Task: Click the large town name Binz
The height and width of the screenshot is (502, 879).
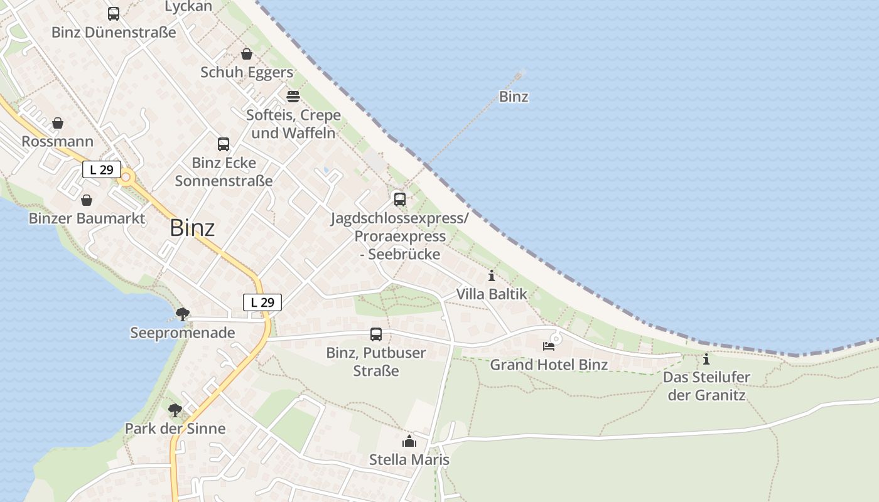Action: [192, 228]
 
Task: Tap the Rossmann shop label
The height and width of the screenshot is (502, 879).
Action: [57, 141]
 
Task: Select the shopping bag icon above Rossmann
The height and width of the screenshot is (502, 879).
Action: [58, 123]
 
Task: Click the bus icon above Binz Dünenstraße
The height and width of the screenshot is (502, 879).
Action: [114, 14]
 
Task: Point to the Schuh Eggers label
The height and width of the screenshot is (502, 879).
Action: [247, 72]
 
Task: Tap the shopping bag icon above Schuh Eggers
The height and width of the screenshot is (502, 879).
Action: [247, 54]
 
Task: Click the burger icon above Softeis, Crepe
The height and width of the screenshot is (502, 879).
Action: [293, 96]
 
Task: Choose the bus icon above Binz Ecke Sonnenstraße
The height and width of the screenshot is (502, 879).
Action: [224, 144]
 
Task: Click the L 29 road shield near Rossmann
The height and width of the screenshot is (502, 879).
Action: [101, 169]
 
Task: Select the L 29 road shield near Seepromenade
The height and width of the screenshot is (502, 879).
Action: [262, 302]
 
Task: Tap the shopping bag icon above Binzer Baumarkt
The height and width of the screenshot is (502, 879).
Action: [87, 200]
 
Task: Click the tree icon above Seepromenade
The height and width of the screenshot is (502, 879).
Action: [183, 314]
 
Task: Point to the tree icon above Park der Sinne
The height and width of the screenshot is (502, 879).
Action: [175, 410]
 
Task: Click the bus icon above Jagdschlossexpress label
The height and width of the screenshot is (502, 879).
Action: [400, 200]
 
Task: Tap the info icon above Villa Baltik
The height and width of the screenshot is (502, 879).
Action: [492, 275]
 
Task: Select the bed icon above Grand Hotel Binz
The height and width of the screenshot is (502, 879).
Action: [549, 346]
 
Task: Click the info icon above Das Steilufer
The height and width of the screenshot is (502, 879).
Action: [706, 360]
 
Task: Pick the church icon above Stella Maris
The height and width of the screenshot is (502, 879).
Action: [409, 441]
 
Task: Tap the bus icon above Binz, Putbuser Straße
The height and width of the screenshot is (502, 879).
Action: [376, 334]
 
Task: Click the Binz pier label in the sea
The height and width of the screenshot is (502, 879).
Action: [514, 97]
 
